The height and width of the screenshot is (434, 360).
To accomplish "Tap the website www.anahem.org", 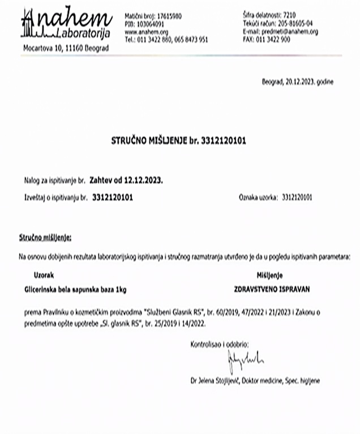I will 142,32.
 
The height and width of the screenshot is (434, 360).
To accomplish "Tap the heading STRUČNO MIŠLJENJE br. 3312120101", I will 179,138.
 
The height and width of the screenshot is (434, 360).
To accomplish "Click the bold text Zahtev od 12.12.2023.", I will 126,181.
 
